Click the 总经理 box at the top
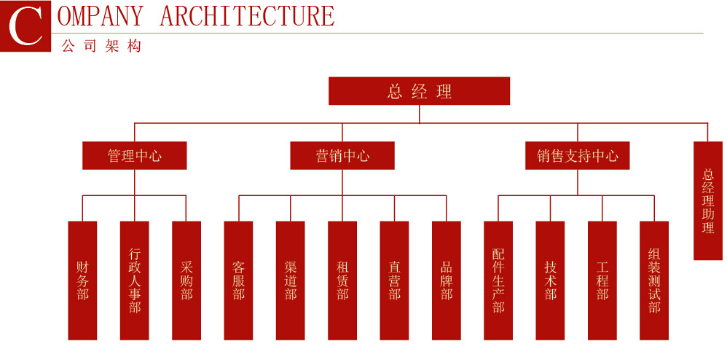419,91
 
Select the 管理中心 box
135,155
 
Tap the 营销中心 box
342,155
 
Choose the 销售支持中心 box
578,155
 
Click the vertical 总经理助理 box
707,200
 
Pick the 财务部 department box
82,281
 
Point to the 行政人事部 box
135,281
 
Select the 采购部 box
186,281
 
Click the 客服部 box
238,281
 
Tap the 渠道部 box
291,281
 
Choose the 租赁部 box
342,281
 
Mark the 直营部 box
394,281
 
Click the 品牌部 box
447,281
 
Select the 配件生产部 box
498,281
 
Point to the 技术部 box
550,281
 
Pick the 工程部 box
602,281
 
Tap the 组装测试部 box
654,281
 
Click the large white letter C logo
25,26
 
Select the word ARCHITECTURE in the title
247,16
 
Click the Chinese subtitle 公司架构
101,46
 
